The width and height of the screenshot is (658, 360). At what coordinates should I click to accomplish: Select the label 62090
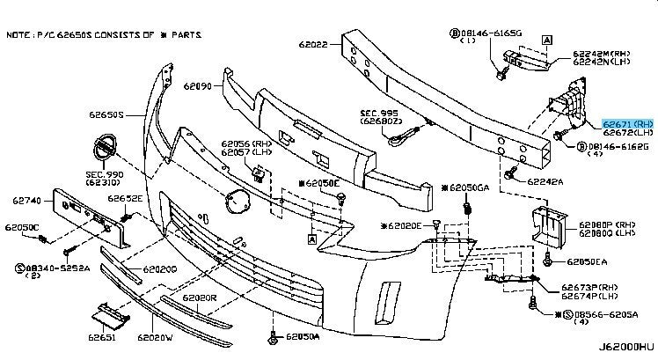(199, 87)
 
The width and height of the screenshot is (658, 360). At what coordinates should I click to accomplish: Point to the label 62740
(29, 201)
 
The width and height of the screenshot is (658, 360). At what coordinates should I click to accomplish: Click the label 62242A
(545, 181)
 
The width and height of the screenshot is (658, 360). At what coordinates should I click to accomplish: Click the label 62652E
(125, 198)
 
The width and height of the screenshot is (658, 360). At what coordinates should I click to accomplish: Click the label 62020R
(200, 298)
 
